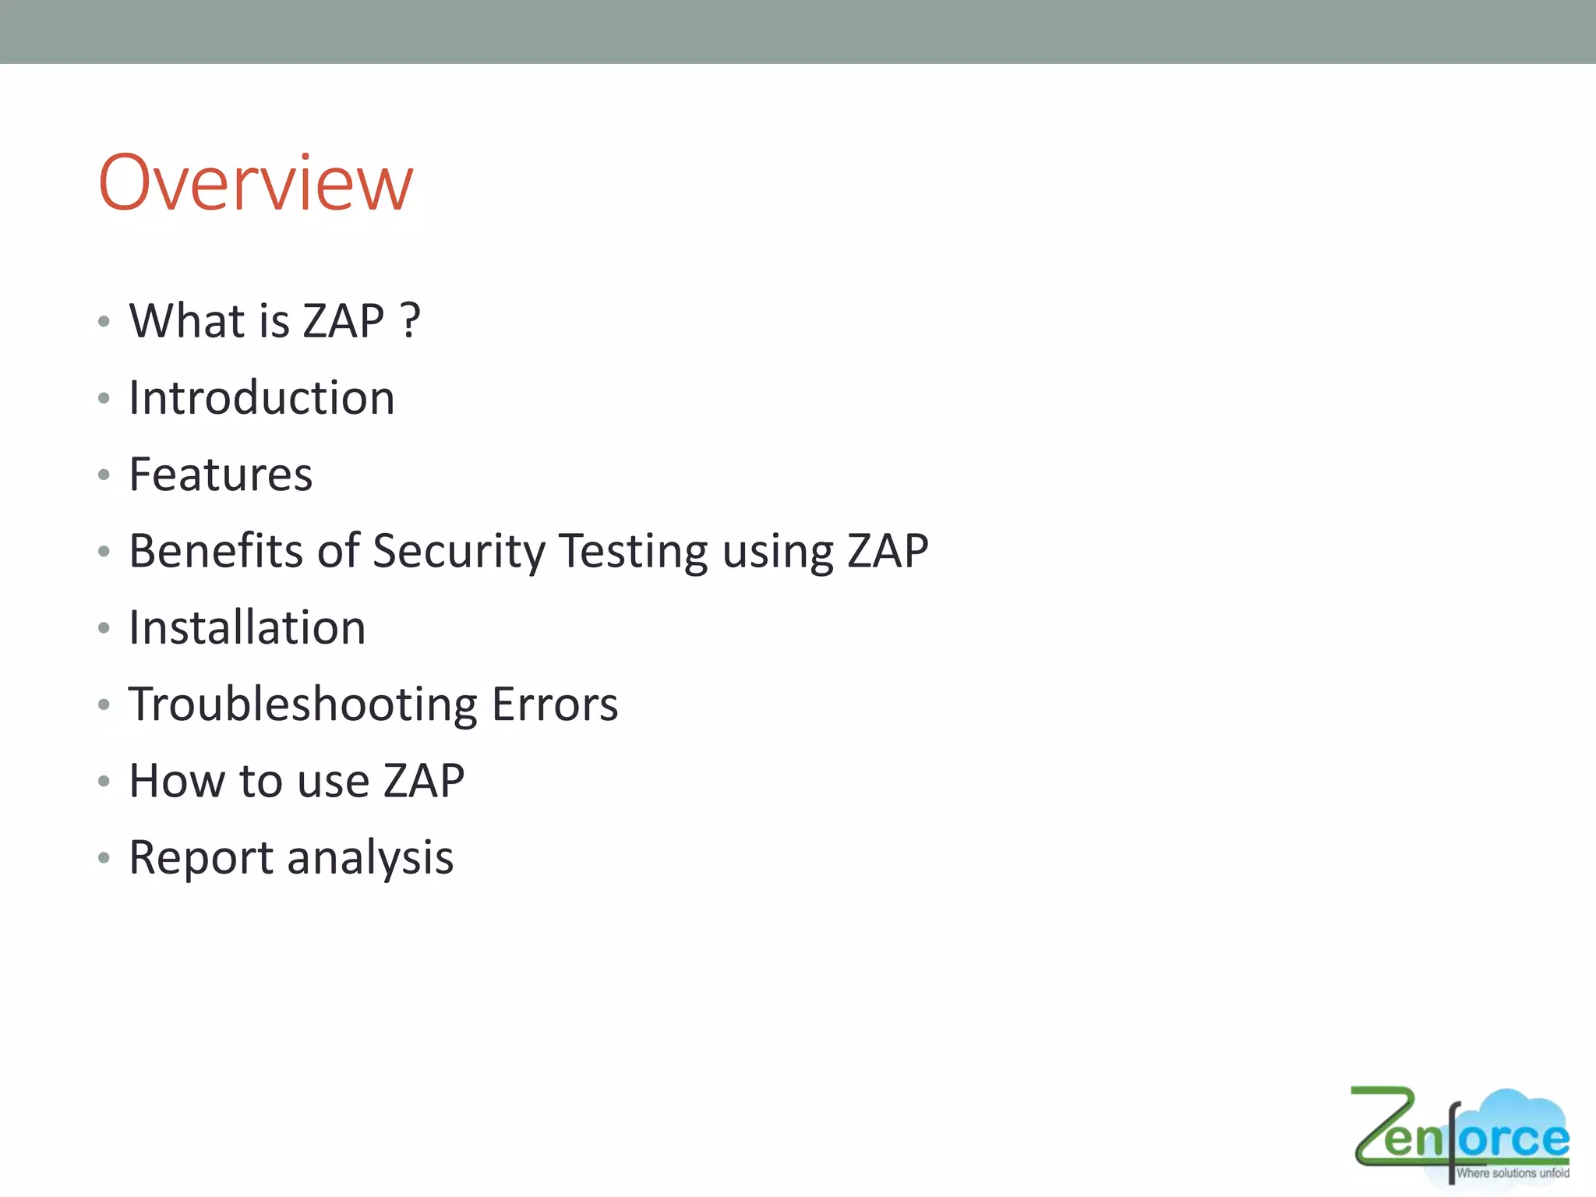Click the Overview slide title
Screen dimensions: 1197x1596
click(x=256, y=183)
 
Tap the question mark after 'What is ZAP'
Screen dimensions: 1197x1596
click(x=411, y=320)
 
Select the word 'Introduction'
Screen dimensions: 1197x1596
click(x=262, y=397)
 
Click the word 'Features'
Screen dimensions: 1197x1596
click(x=221, y=474)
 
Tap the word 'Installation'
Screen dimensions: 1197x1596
click(x=247, y=627)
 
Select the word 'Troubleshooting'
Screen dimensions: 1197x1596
click(x=302, y=704)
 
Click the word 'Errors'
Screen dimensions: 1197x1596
click(x=555, y=704)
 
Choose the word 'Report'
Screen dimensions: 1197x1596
click(x=201, y=857)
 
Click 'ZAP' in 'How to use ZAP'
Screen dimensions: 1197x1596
click(x=424, y=780)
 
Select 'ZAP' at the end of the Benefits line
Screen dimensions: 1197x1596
click(x=888, y=551)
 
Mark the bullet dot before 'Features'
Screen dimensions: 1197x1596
click(x=104, y=475)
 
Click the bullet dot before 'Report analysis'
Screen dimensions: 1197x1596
click(x=104, y=858)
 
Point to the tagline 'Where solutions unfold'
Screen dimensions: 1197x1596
click(x=1513, y=1173)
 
